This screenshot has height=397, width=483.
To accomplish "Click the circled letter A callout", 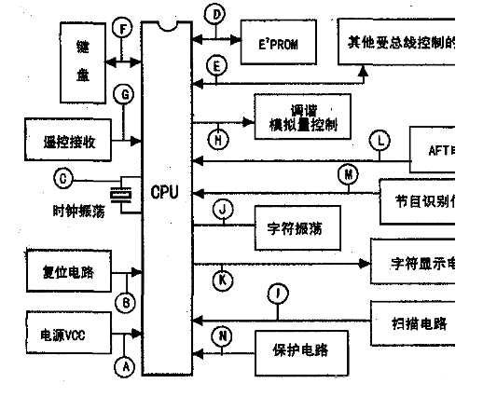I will (x=124, y=367).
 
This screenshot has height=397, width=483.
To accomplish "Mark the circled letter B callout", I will (x=124, y=302).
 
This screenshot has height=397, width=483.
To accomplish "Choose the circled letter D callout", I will (x=215, y=15).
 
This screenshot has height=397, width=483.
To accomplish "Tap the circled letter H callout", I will (x=218, y=141).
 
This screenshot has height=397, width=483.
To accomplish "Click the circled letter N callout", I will (x=225, y=335).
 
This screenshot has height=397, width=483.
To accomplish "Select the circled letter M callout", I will (x=347, y=174).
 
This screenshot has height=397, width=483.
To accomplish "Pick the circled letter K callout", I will (x=225, y=280).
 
